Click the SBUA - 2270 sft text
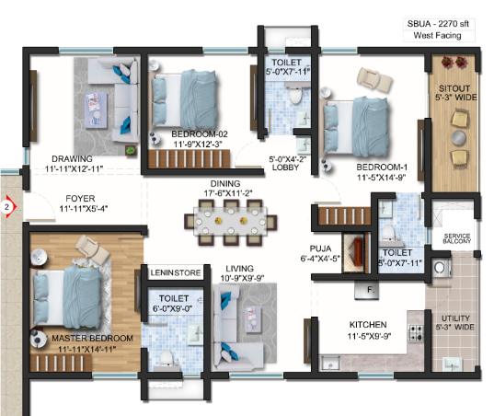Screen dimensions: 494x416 pos(438,24)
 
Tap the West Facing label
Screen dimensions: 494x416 pos(437,36)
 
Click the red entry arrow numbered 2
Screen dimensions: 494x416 pos(8,207)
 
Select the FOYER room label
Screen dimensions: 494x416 pos(80,199)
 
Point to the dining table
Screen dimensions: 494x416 pos(230,222)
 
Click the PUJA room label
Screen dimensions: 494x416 pos(320,248)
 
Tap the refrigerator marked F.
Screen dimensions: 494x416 pos(366,290)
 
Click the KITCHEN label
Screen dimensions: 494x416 pos(368,325)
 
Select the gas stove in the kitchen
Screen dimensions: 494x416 pos(416,333)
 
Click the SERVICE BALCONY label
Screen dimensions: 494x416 pos(457,238)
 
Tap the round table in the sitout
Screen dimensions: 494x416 pos(459,138)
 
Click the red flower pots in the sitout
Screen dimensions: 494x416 pos(454,62)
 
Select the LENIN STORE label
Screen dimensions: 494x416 pos(176,273)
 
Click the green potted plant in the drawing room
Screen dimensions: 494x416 pos(131,151)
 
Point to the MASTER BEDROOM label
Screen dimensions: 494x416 pos(92,339)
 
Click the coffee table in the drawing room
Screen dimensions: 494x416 pos(96,110)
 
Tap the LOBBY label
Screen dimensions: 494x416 pos(285,168)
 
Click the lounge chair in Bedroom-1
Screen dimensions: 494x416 pos(375,78)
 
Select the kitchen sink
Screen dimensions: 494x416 pos(330,363)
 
